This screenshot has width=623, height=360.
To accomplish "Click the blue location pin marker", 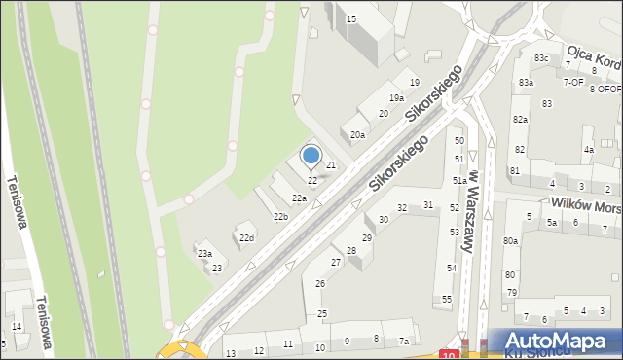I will click(311, 156).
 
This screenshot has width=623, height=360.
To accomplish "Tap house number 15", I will click(351, 18).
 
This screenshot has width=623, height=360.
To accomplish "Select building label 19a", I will click(396, 98).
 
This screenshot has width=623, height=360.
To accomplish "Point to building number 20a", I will click(358, 134).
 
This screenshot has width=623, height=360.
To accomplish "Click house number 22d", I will click(246, 238).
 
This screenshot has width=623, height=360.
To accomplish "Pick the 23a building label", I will click(205, 253).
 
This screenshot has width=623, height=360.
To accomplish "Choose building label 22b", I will click(280, 216).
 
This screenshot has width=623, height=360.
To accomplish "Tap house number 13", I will click(231, 352).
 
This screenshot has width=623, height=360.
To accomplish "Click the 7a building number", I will click(404, 342).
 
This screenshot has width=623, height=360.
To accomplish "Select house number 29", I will click(367, 237).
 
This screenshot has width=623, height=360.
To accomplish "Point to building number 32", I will click(401, 208).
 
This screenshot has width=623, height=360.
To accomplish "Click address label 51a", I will click(459, 181).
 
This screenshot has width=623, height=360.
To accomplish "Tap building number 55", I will click(447, 299).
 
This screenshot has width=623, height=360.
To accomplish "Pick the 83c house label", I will click(540, 59).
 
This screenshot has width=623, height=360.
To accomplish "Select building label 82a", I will click(521, 119).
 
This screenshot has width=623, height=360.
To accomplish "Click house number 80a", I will click(510, 240).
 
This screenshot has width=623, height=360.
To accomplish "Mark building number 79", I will click(511, 292).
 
